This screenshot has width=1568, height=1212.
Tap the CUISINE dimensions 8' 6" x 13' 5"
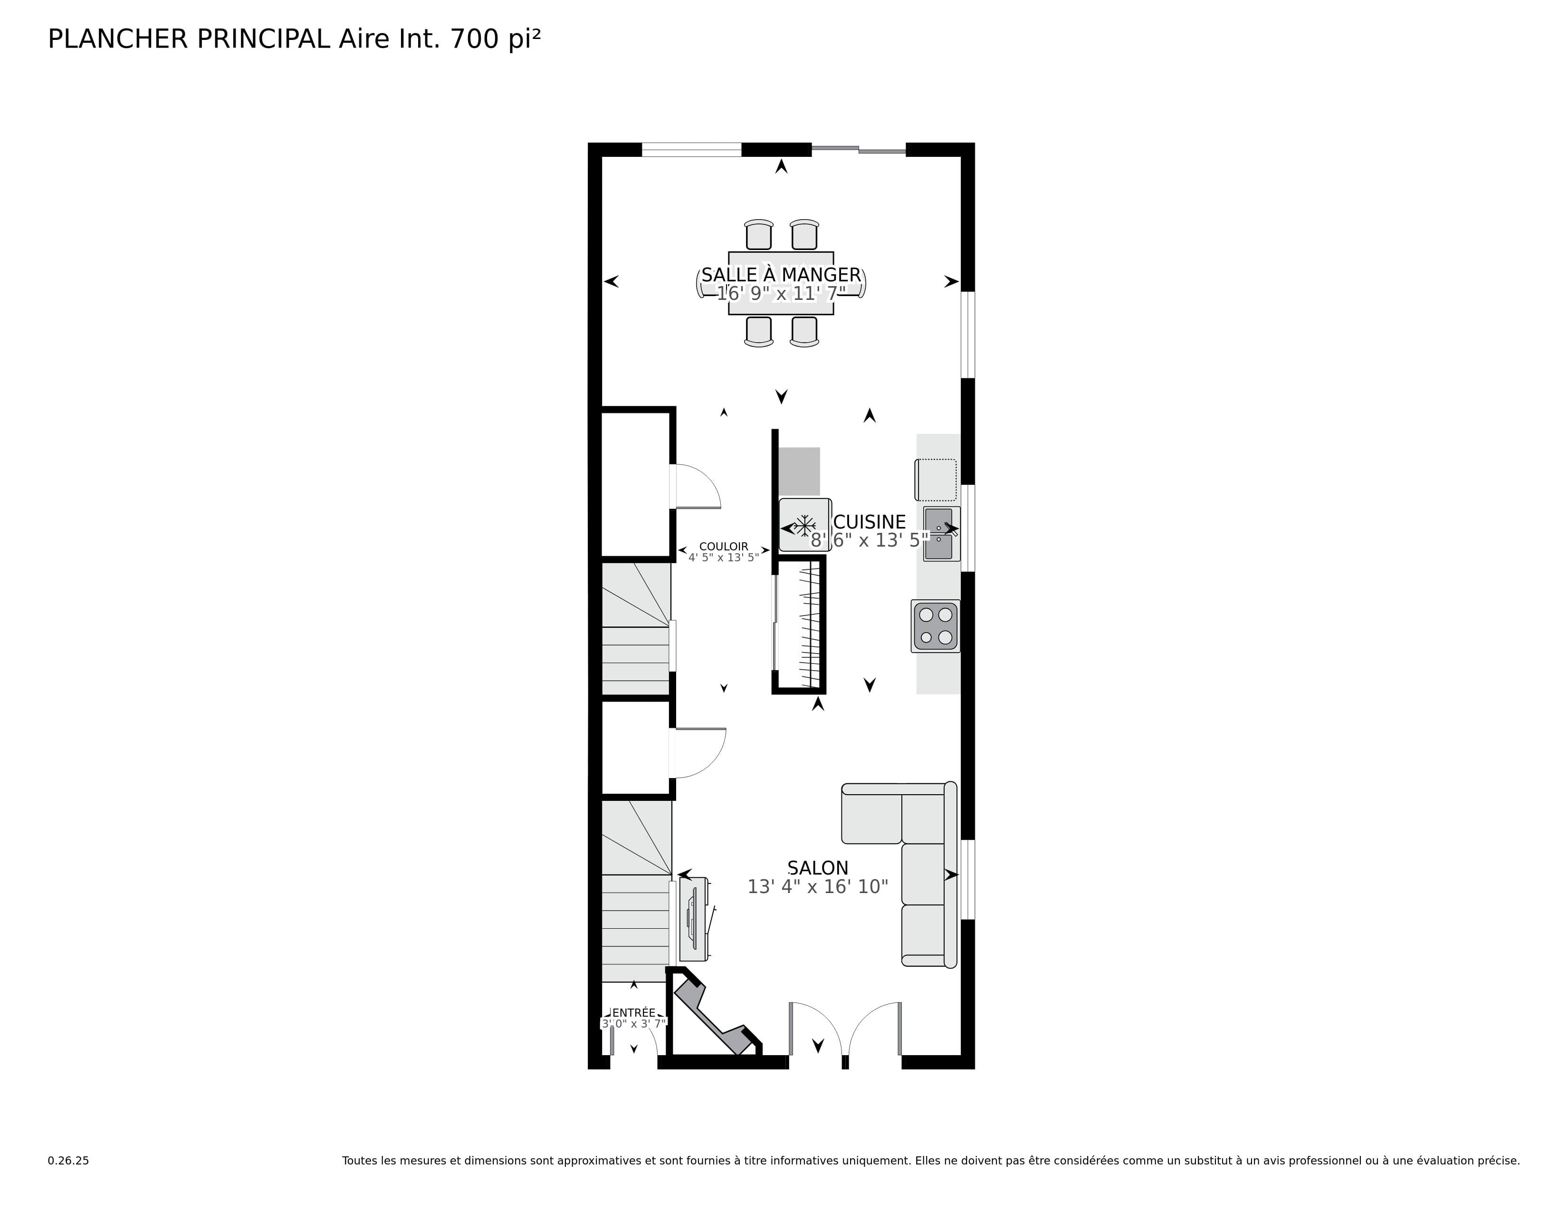[870, 541]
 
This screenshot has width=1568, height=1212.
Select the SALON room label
[817, 868]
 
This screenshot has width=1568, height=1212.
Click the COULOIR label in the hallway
[723, 547]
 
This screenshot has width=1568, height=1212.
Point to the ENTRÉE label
[634, 1012]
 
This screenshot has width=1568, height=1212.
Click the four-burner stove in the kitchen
[936, 626]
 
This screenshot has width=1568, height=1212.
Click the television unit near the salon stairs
[694, 920]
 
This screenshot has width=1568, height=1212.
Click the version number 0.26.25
[68, 1160]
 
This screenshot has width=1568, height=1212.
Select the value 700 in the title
[474, 39]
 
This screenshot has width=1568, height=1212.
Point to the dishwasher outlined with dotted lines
[936, 480]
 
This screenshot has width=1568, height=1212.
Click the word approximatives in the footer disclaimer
[599, 1160]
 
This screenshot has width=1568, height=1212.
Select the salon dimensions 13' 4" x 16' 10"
[817, 887]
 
